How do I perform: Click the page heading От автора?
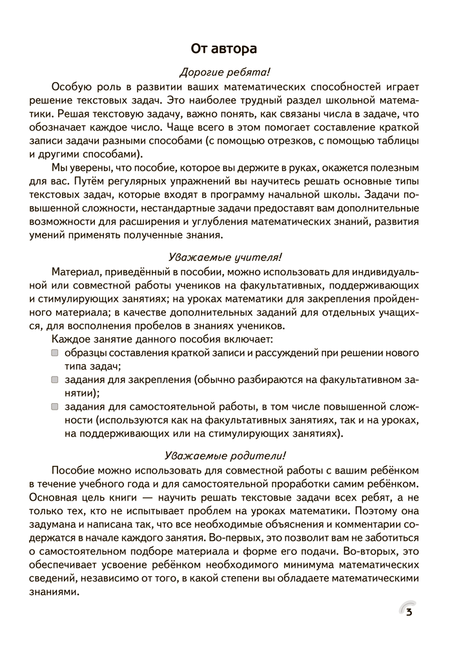[224, 48]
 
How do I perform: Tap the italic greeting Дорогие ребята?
[224, 72]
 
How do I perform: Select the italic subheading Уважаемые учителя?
[224, 257]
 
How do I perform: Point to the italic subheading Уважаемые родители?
[224, 455]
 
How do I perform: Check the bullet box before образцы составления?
[55, 353]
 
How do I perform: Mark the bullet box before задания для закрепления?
[55, 380]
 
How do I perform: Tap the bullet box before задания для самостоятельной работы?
[55, 407]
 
